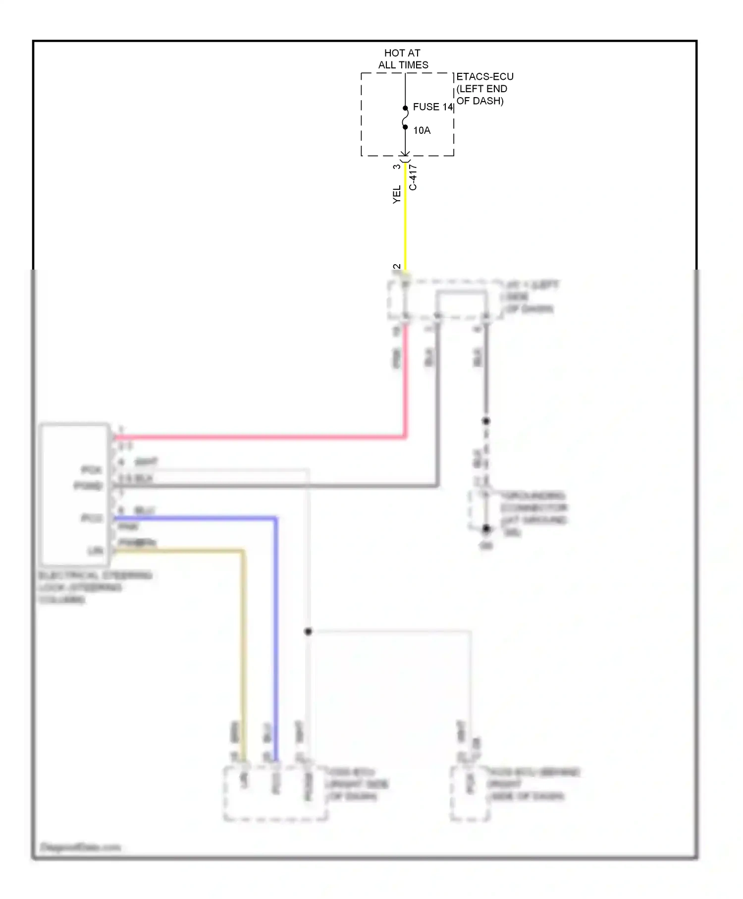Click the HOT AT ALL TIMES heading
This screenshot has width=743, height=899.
click(x=403, y=59)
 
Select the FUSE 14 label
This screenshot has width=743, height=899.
click(x=432, y=107)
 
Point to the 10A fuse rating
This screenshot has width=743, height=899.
click(x=422, y=130)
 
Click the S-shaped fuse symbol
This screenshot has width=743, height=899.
click(x=405, y=117)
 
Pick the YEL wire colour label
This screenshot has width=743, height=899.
click(x=397, y=194)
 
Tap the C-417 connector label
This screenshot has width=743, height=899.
click(x=413, y=177)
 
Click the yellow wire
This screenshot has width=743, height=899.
click(x=405, y=223)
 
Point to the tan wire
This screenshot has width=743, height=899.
click(x=243, y=644)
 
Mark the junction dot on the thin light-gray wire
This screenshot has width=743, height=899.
click(x=308, y=631)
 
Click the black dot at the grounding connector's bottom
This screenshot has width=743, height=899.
click(x=486, y=529)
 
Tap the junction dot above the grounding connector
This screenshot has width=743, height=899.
click(x=486, y=421)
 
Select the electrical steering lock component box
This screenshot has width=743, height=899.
click(x=75, y=495)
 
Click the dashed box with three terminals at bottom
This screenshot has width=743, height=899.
click(x=275, y=793)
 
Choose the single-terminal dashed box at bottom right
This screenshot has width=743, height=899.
click(x=470, y=793)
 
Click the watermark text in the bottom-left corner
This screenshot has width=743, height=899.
click(x=80, y=847)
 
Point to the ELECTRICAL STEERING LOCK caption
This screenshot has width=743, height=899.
click(x=94, y=587)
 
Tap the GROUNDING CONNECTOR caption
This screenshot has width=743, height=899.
click(x=534, y=508)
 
